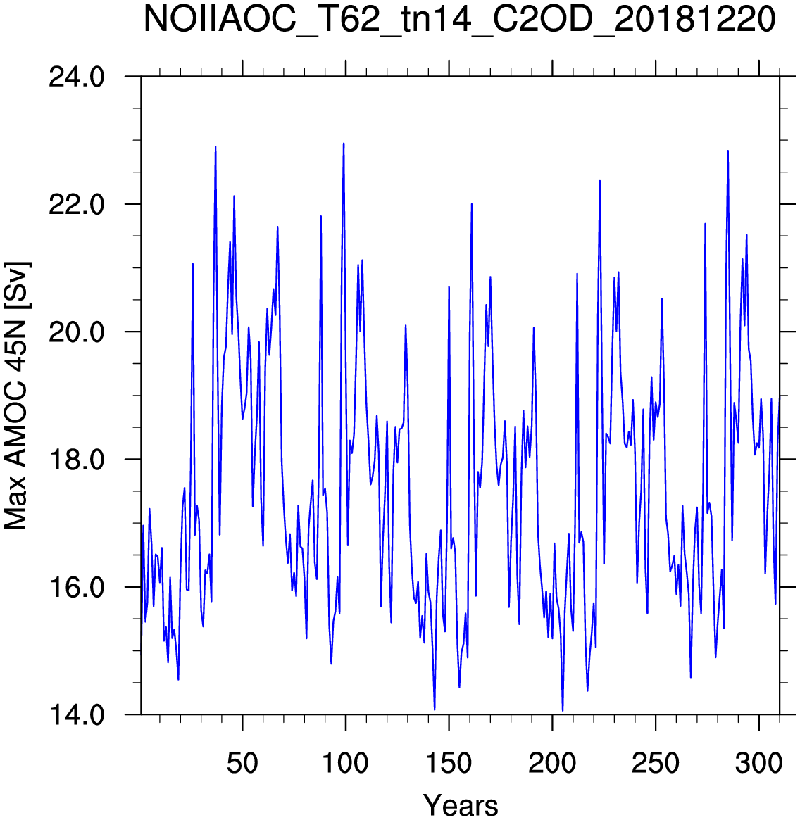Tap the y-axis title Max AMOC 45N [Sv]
tap(17, 396)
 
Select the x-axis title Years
tap(461, 805)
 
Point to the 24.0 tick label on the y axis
tap(76, 77)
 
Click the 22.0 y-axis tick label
tap(76, 205)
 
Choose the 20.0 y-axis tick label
tap(76, 332)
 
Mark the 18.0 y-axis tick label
tap(76, 460)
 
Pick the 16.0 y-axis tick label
tap(76, 587)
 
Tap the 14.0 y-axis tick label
tap(76, 715)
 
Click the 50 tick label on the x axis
tap(242, 763)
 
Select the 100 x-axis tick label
tap(345, 763)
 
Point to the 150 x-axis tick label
tap(449, 763)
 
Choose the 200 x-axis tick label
tap(552, 763)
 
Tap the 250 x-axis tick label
tap(655, 763)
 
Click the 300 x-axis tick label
tap(758, 763)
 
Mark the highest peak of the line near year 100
tap(344, 144)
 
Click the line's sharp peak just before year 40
tap(215, 147)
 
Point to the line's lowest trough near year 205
tap(563, 711)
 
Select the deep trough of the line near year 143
tap(435, 709)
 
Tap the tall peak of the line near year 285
tap(727, 151)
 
